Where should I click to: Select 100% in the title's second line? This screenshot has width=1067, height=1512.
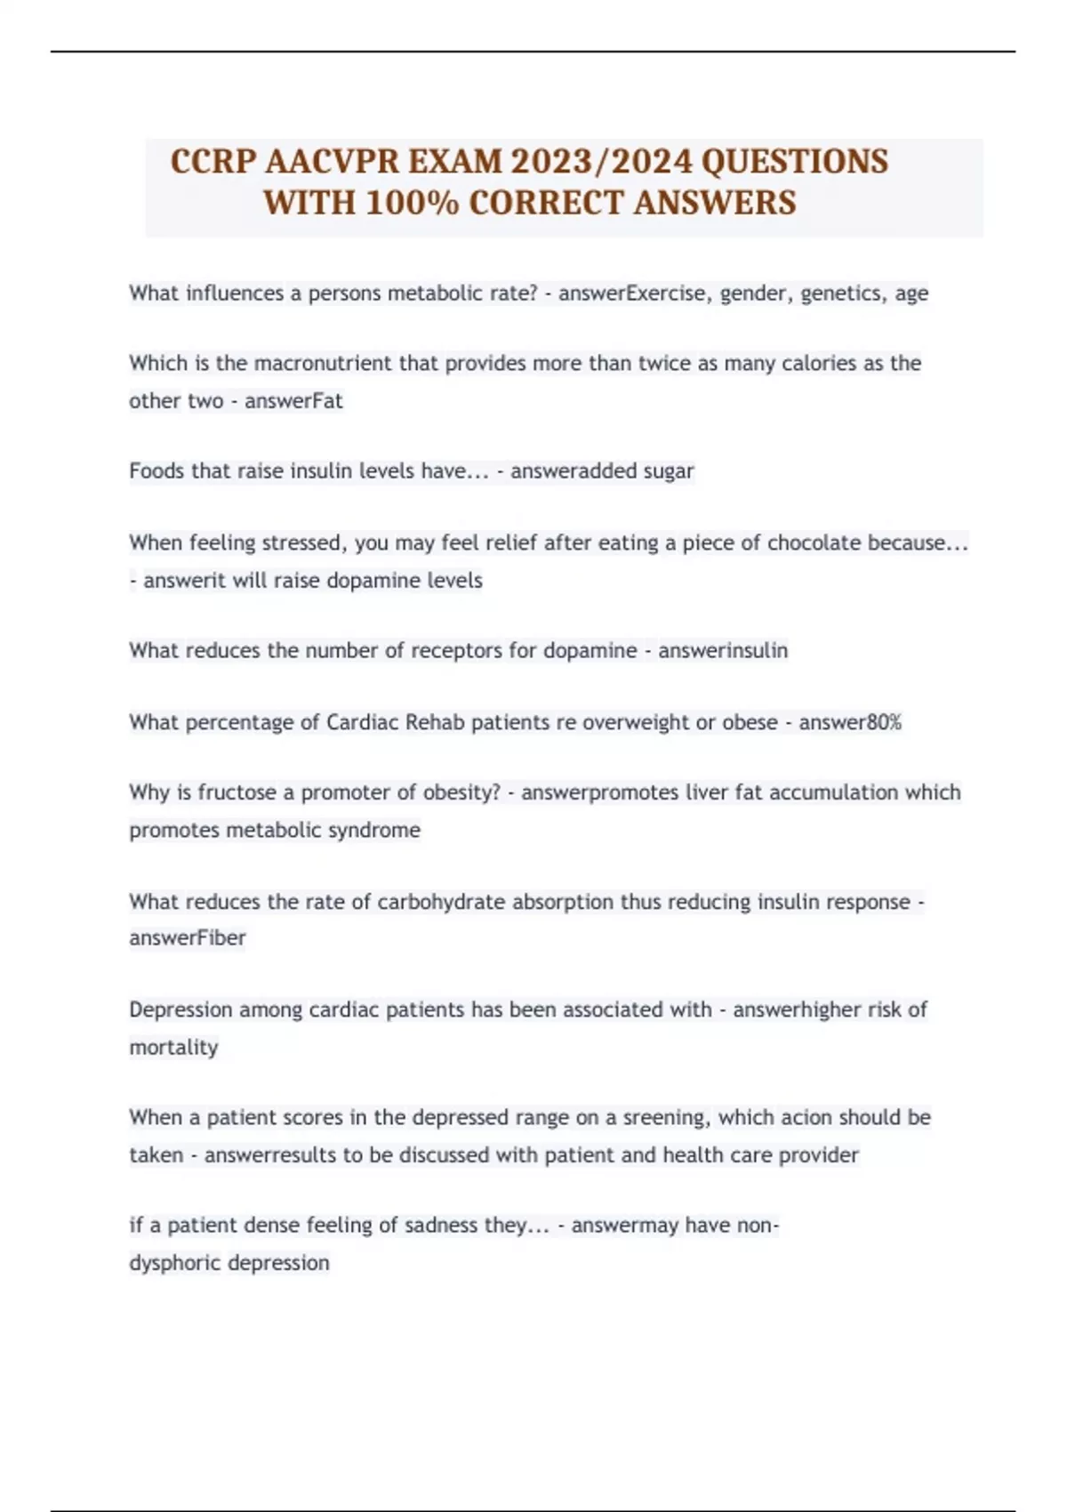pyautogui.click(x=412, y=203)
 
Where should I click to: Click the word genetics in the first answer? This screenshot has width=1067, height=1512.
pyautogui.click(x=838, y=294)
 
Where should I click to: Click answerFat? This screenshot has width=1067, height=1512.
pyautogui.click(x=293, y=401)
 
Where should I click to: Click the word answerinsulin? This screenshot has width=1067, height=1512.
pyautogui.click(x=722, y=651)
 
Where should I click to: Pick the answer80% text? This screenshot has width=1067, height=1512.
pyautogui.click(x=850, y=722)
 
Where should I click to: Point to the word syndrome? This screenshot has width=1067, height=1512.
pyautogui.click(x=374, y=830)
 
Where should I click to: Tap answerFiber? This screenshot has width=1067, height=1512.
pyautogui.click(x=188, y=938)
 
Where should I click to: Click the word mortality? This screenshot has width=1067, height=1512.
pyautogui.click(x=173, y=1048)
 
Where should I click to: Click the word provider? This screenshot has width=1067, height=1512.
pyautogui.click(x=818, y=1155)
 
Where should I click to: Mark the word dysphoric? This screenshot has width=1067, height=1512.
pyautogui.click(x=175, y=1263)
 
